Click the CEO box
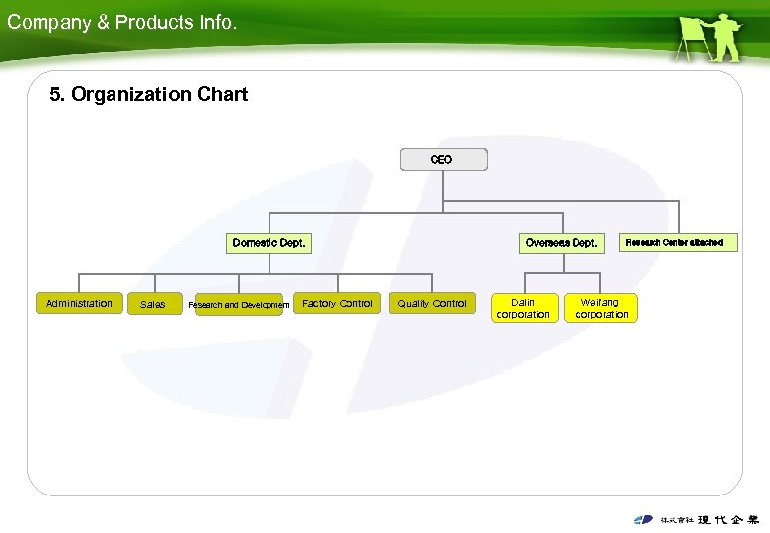[x=442, y=159]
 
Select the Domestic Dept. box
[x=269, y=242]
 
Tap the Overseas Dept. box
[x=561, y=242]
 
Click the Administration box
[x=79, y=304]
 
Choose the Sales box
[x=153, y=305]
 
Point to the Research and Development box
[x=240, y=305]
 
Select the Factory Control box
[x=338, y=304]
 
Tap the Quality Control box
[x=432, y=304]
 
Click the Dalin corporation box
[x=523, y=309]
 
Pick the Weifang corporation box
[x=601, y=309]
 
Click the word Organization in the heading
[x=133, y=95]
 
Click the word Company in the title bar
[x=48, y=22]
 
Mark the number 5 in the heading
[x=56, y=95]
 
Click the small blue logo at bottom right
[x=643, y=519]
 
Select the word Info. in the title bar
[x=217, y=22]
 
